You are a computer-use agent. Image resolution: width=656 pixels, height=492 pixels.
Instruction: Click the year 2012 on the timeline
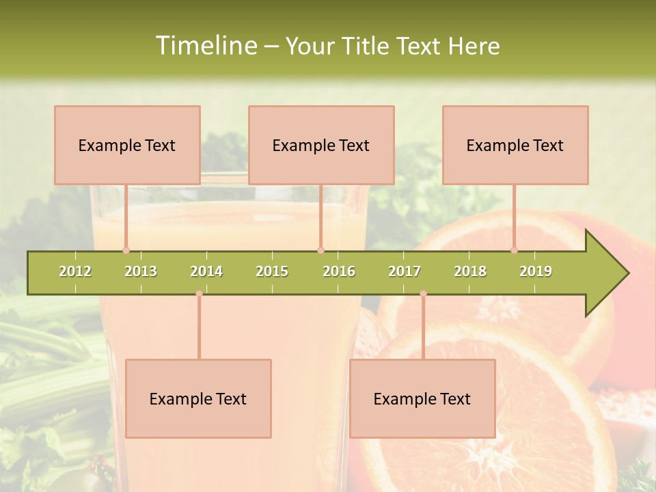point(75,271)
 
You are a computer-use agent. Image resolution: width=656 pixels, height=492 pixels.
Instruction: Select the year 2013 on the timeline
point(141,271)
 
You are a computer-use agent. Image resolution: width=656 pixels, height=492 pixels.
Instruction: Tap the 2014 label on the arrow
point(206,271)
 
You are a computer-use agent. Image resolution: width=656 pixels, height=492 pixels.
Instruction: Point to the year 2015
point(272,271)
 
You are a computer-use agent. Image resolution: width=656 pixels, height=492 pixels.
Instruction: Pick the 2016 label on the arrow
point(339,271)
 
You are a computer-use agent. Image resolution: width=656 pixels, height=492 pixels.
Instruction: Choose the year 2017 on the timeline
point(405,271)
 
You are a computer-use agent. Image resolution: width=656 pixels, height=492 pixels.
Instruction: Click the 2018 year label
point(470,271)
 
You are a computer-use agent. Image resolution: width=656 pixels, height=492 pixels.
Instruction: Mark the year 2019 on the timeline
point(536,271)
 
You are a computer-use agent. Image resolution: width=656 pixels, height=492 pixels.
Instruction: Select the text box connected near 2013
point(127,145)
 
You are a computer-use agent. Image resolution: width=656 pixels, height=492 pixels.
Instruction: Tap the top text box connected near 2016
point(321,145)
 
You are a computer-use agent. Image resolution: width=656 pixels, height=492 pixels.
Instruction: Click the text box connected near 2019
point(515,145)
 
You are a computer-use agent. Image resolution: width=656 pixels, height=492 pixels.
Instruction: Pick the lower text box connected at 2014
point(198,398)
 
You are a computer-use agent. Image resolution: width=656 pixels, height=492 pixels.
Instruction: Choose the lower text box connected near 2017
point(422,398)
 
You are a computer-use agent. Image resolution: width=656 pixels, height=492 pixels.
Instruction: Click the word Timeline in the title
point(205,46)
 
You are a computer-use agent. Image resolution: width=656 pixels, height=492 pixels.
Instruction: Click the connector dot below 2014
point(199,294)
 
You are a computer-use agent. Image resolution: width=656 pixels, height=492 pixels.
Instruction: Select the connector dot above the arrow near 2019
point(515,250)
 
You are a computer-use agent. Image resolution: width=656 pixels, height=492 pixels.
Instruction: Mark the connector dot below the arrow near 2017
point(423,294)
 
